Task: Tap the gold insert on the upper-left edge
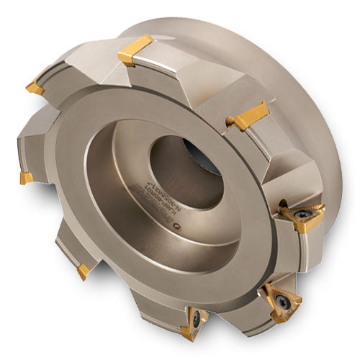point(34,87)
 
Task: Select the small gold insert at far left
point(25,177)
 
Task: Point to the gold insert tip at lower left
point(84,271)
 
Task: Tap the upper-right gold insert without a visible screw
point(249,115)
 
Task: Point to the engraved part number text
point(139,212)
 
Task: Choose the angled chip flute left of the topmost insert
point(94,68)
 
